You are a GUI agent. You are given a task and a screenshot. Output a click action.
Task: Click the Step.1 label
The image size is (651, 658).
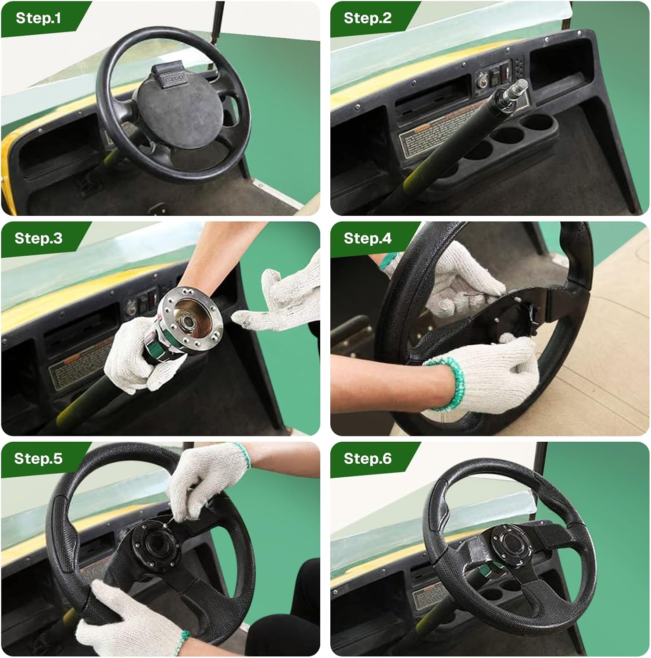point(38,18)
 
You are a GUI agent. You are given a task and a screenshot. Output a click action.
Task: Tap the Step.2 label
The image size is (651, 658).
point(367,18)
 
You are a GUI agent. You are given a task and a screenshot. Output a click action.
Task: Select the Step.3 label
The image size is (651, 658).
point(38,238)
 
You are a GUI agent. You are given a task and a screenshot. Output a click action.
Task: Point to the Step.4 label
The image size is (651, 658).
point(367,238)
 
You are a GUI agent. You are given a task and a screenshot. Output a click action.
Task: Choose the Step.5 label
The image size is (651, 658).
point(38,458)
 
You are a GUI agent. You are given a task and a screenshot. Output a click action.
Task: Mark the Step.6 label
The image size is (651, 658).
point(367,458)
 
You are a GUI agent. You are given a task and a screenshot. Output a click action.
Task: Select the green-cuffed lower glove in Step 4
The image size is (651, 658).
point(487,377)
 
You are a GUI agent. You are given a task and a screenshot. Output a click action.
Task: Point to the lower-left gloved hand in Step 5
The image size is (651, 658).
point(127,619)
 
